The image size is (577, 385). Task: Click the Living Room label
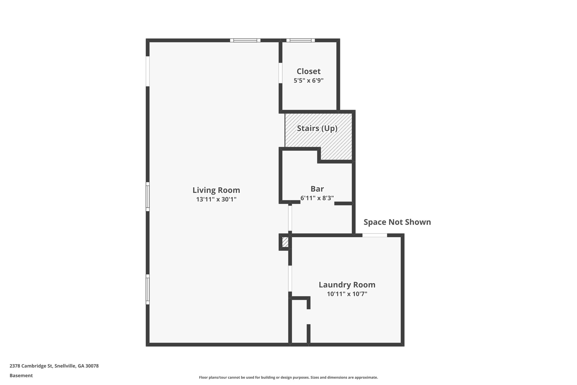pyautogui.click(x=216, y=190)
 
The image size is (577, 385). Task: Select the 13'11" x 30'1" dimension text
pyautogui.click(x=216, y=199)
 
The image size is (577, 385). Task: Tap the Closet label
pyautogui.click(x=309, y=71)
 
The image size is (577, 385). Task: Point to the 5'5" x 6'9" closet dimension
pyautogui.click(x=309, y=81)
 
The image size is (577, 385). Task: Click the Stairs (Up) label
pyautogui.click(x=317, y=129)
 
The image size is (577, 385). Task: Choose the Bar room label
pyautogui.click(x=317, y=189)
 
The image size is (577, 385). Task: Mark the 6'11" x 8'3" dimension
pyautogui.click(x=317, y=198)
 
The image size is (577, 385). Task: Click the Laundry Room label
pyautogui.click(x=347, y=285)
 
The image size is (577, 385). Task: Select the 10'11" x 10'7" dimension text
pyautogui.click(x=347, y=294)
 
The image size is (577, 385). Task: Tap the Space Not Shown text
pyautogui.click(x=397, y=222)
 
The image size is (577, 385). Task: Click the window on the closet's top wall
pyautogui.click(x=300, y=40)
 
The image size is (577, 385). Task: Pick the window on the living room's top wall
pyautogui.click(x=245, y=40)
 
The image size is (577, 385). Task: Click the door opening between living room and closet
pyautogui.click(x=280, y=73)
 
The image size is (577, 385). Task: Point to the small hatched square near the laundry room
pyautogui.click(x=285, y=242)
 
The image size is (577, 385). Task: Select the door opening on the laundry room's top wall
pyautogui.click(x=374, y=235)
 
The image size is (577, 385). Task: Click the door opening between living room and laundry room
pyautogui.click(x=290, y=278)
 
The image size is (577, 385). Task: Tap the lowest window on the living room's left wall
pyautogui.click(x=148, y=289)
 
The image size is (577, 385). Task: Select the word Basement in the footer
pyautogui.click(x=21, y=376)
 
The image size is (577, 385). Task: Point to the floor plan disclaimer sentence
pyautogui.click(x=288, y=377)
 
